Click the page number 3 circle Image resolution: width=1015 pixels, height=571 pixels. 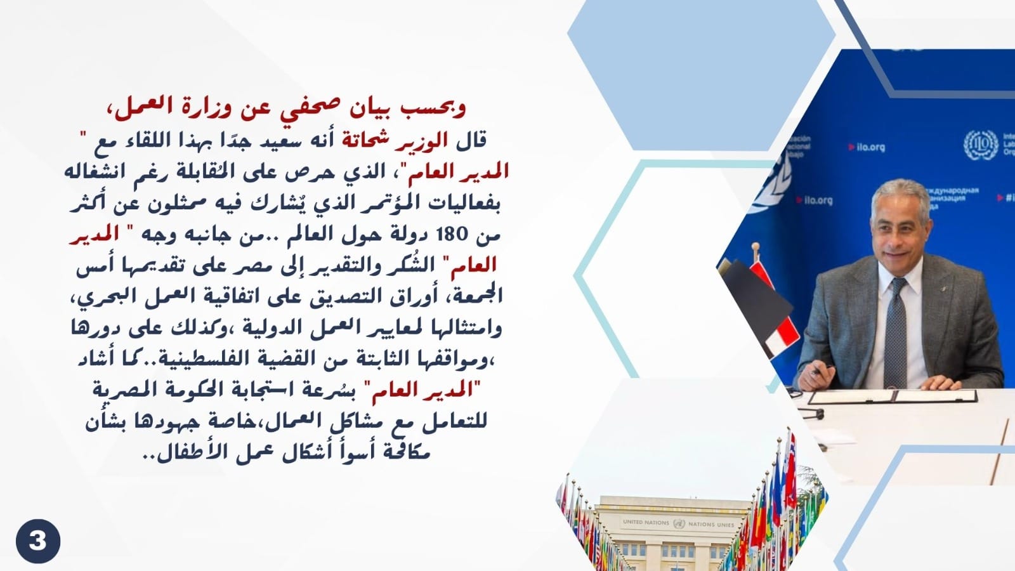pos(38,541)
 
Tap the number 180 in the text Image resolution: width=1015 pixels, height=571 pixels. pos(451,235)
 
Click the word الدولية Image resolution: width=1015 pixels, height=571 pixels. pos(269,327)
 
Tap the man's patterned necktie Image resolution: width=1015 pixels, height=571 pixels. pos(895,333)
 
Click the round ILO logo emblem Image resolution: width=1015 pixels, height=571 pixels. pos(981,145)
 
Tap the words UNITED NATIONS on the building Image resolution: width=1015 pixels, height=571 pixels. pos(646,522)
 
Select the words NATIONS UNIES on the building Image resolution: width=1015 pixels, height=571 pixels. pos(711,524)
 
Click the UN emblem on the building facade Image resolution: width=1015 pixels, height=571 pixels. pos(678,523)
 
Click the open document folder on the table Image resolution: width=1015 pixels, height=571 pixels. pos(892,396)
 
